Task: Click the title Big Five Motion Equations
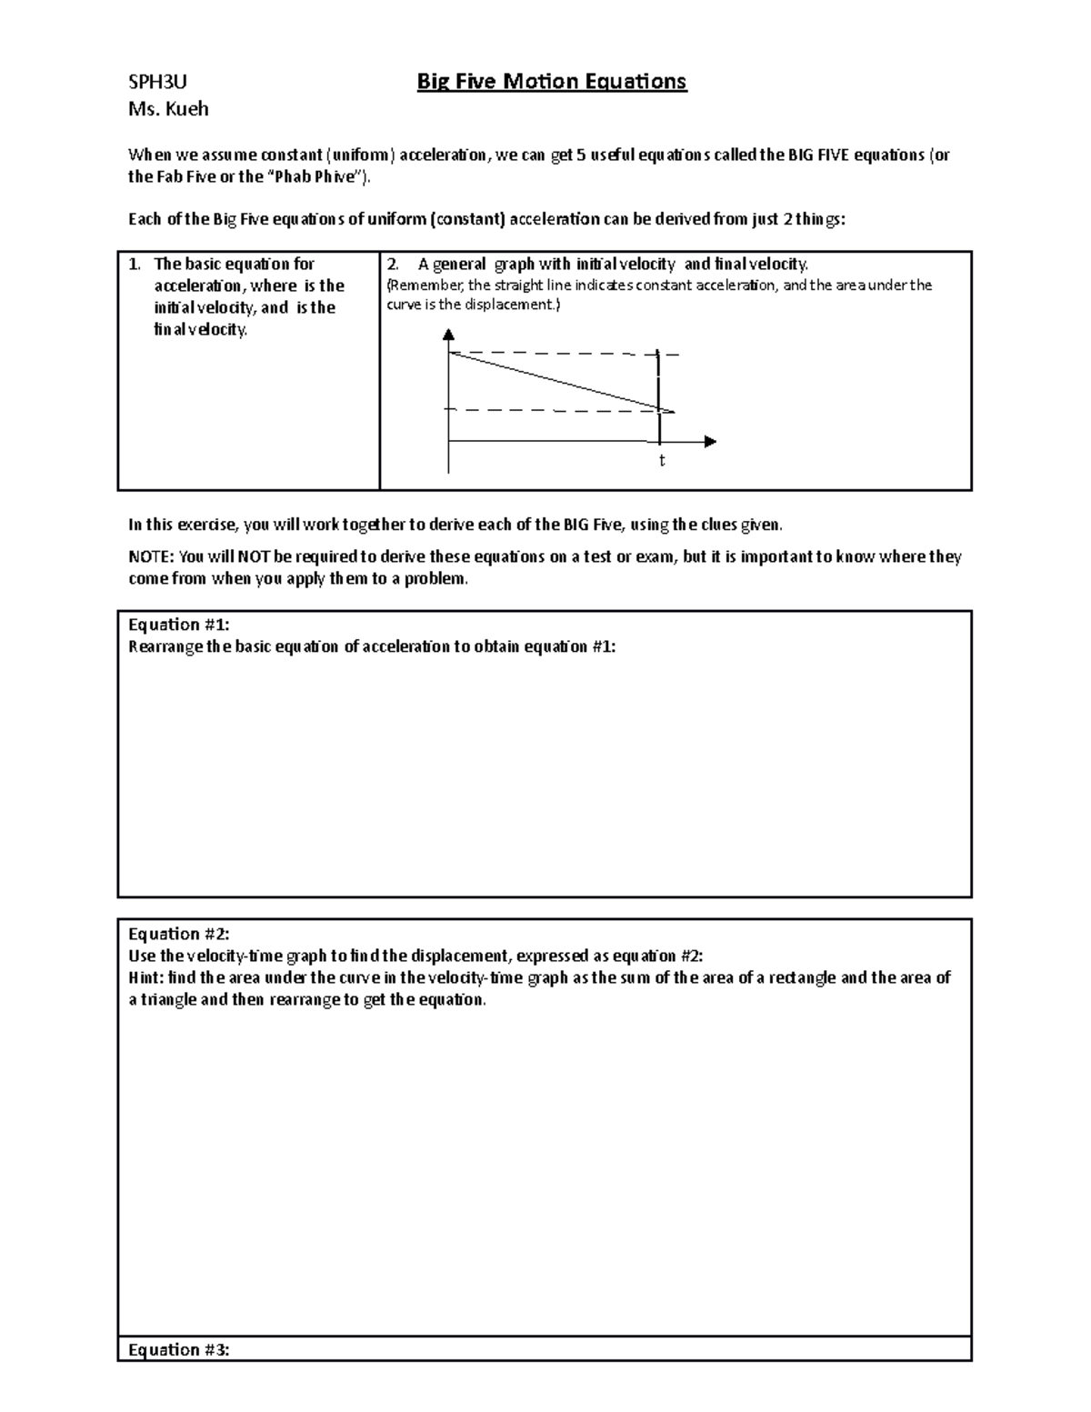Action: (x=551, y=82)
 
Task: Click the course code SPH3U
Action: (x=157, y=83)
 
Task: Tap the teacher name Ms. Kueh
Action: (x=168, y=109)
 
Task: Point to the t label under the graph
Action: (x=662, y=461)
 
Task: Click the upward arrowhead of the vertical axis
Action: (x=448, y=335)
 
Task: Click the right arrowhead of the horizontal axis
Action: (x=710, y=442)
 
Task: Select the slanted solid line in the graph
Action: (x=555, y=381)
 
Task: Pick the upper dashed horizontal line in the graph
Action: (x=564, y=353)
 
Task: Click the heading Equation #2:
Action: (x=178, y=934)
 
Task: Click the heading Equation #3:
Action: (x=178, y=1349)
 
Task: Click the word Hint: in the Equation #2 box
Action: (x=147, y=978)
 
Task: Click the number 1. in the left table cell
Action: (x=135, y=265)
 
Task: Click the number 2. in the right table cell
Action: (x=393, y=265)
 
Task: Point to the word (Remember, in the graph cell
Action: (x=425, y=285)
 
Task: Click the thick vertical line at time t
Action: (x=657, y=382)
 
